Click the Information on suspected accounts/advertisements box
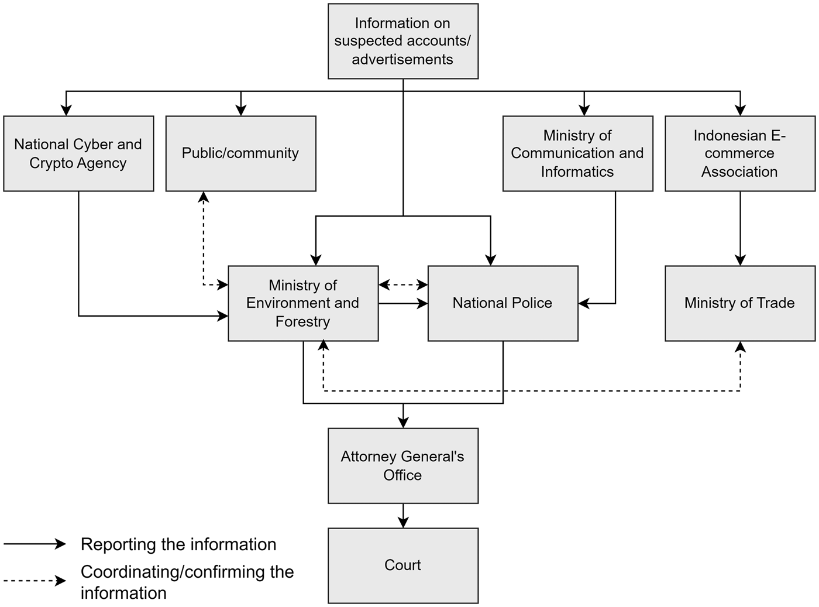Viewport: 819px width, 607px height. [x=402, y=41]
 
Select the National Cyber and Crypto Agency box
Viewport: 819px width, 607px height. [x=78, y=153]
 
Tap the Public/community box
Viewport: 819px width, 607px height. [x=240, y=153]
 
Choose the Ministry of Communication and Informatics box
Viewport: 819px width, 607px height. [x=577, y=153]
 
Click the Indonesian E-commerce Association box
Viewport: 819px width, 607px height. [x=739, y=153]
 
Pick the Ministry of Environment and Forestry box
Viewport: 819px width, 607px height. [x=303, y=303]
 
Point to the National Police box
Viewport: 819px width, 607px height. [x=503, y=303]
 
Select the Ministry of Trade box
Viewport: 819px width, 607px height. [x=739, y=303]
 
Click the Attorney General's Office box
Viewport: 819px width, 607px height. [x=402, y=465]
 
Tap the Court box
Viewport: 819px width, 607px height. [x=402, y=565]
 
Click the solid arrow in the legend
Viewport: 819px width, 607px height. [x=35, y=544]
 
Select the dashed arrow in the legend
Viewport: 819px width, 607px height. [x=35, y=581]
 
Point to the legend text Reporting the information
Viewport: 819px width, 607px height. [x=178, y=544]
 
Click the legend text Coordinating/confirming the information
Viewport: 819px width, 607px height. [x=187, y=582]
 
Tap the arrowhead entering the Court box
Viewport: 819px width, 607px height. [x=403, y=523]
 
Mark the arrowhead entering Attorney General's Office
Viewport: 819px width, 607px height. [x=403, y=423]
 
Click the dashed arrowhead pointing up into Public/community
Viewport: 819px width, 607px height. [x=204, y=197]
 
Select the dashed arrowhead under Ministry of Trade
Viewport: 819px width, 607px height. [x=740, y=347]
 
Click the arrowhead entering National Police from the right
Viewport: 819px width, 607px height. [x=584, y=303]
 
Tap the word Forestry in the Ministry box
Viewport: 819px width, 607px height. [x=302, y=321]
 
